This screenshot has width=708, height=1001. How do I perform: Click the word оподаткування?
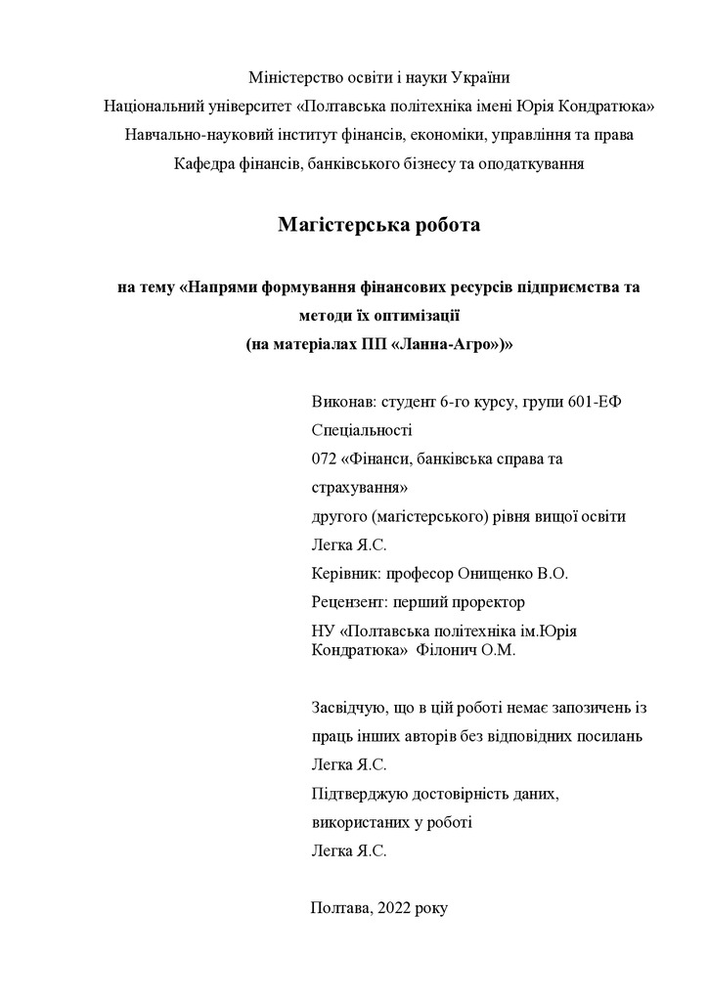tap(535, 163)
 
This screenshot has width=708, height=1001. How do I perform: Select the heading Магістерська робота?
tap(379, 225)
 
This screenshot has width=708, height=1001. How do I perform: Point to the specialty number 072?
tap(324, 458)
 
